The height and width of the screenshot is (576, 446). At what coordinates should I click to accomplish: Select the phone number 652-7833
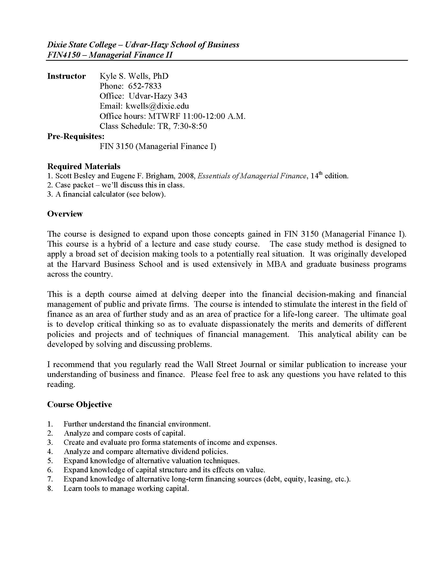coord(145,86)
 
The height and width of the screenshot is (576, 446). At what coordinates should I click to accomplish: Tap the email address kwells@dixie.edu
coord(157,106)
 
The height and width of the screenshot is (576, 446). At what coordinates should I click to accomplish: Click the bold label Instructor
coord(66,76)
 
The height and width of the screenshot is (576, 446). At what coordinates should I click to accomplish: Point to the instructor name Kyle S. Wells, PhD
coord(134,76)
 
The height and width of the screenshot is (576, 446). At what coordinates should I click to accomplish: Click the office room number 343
coord(180,96)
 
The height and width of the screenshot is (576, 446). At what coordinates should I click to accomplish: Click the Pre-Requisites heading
coord(76,136)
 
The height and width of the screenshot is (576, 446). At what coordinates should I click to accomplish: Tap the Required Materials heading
coord(83,167)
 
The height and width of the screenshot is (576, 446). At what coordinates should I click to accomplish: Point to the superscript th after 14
coord(321,174)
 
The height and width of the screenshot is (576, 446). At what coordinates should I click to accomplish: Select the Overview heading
coord(65,214)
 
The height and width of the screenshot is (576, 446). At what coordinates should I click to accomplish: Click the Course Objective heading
coord(79,405)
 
